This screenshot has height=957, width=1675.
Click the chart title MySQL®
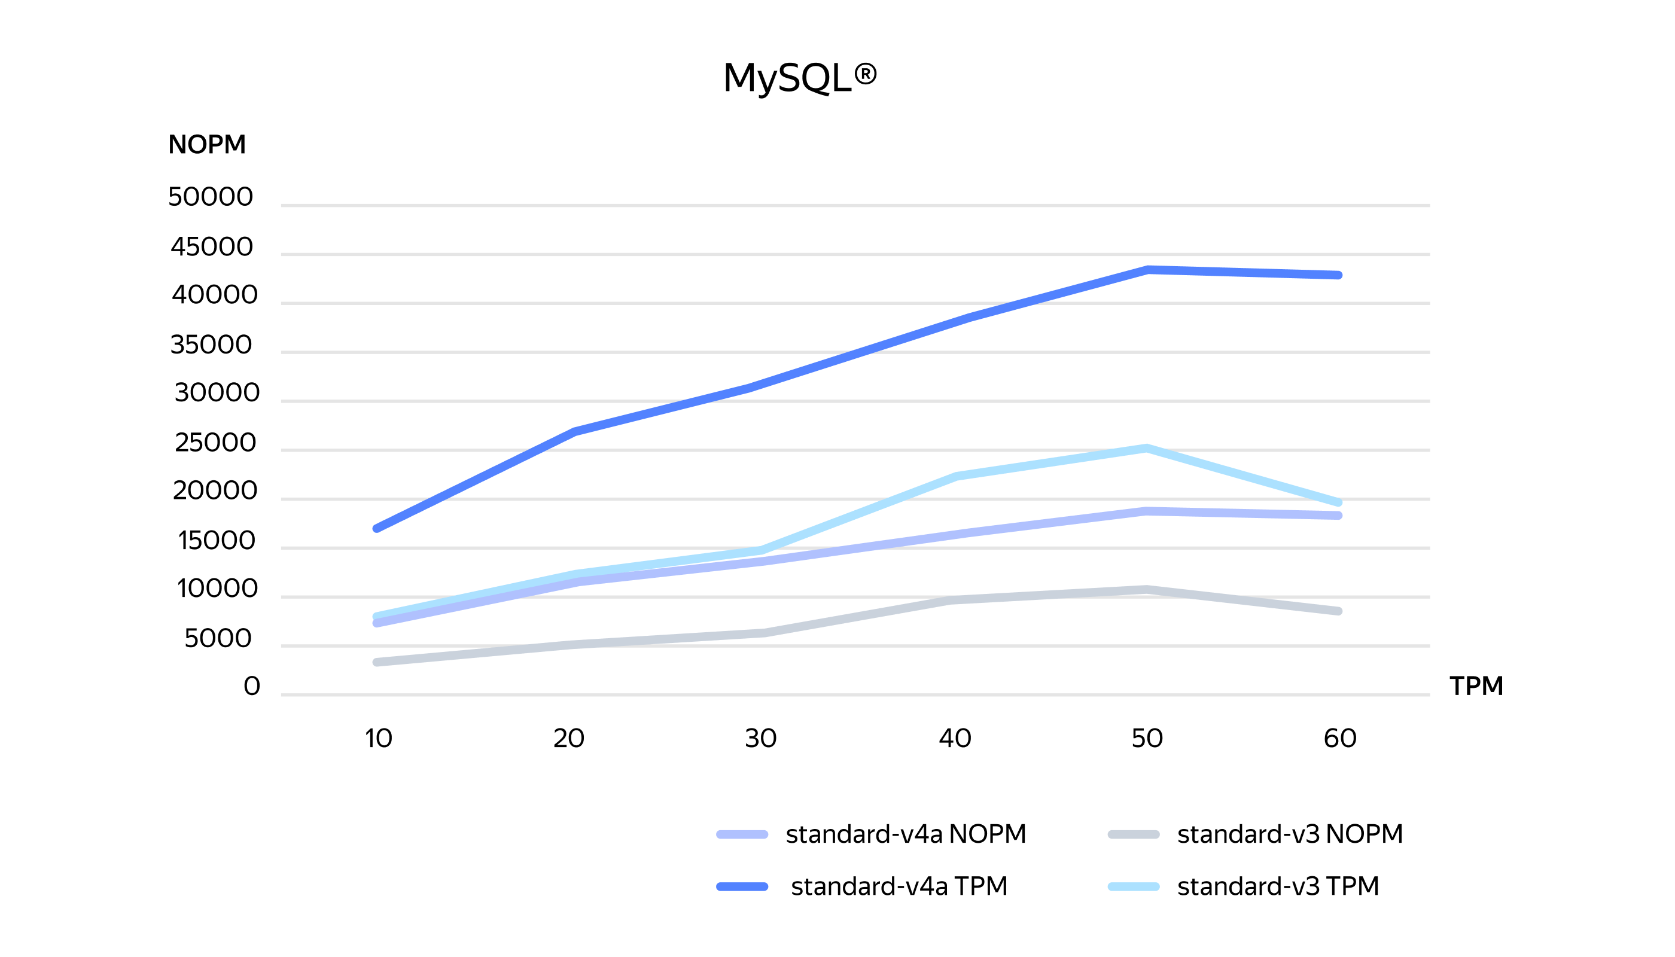point(799,78)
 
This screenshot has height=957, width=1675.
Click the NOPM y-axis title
point(207,145)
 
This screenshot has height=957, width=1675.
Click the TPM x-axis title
point(1476,686)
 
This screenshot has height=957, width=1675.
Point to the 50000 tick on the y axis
point(211,197)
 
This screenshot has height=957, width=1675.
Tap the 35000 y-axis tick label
point(211,345)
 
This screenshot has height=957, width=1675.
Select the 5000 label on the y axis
point(218,638)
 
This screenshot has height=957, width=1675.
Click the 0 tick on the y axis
point(252,686)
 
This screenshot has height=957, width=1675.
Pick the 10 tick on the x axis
point(379,739)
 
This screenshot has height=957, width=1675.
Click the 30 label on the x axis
point(760,739)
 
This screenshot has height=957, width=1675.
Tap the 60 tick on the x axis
point(1340,739)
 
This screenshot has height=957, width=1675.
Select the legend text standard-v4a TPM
point(899,886)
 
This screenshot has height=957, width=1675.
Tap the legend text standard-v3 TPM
point(1278,886)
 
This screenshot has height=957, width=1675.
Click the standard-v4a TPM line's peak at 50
point(1147,270)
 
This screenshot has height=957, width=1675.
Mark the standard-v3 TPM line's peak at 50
point(1146,448)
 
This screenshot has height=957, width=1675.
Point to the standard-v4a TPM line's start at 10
point(377,529)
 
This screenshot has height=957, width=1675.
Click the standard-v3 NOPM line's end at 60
point(1338,611)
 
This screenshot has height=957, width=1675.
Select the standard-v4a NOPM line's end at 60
point(1338,516)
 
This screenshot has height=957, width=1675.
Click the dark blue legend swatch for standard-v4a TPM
point(742,886)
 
